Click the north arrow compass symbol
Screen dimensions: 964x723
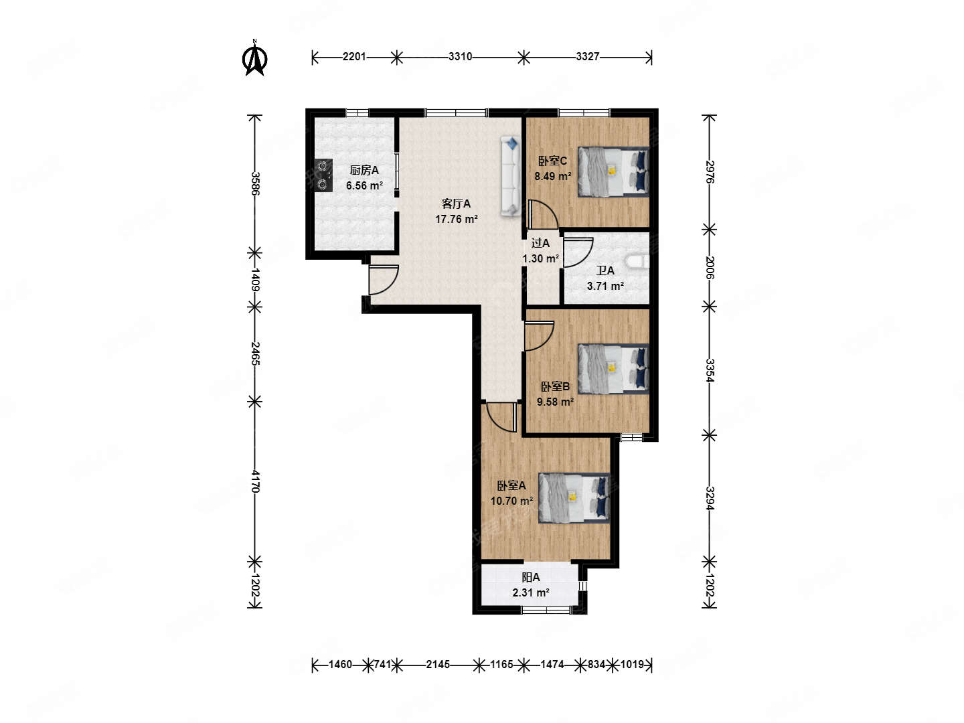tap(254, 58)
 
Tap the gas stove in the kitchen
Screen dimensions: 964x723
tap(323, 175)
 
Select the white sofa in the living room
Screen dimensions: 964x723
tap(510, 176)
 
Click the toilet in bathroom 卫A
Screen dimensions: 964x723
tap(637, 261)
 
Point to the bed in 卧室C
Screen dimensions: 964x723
tap(613, 171)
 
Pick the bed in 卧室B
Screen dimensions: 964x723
tap(613, 369)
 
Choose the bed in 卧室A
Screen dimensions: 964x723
tap(574, 498)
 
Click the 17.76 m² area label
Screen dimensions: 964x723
tap(456, 219)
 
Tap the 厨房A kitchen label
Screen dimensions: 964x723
tap(364, 170)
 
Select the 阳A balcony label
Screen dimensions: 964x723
tap(530, 577)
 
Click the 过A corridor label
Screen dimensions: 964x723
tap(540, 243)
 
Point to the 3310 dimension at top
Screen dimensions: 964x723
tap(460, 57)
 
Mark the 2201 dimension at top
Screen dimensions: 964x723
tap(354, 57)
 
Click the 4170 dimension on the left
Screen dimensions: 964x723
tap(255, 481)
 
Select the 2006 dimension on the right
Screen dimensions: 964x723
tap(710, 267)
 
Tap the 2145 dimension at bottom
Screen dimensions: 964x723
tap(438, 664)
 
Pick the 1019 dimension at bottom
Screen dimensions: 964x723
tap(632, 664)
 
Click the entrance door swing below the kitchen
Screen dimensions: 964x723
tap(384, 280)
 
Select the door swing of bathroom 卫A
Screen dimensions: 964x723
tap(578, 252)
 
